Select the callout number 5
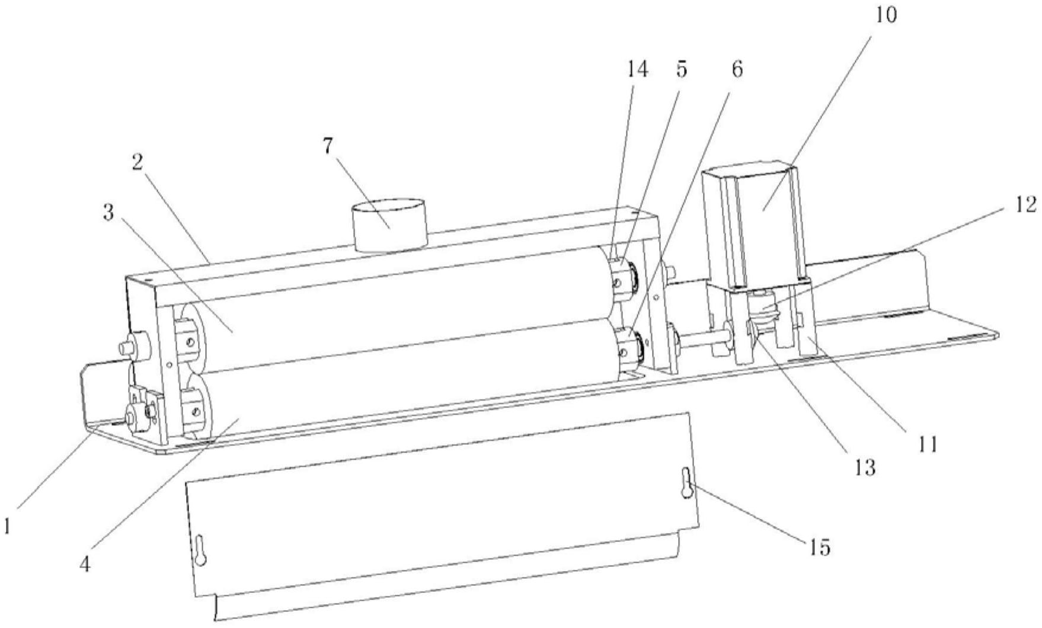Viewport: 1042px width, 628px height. (681, 70)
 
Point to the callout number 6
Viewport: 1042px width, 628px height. (736, 70)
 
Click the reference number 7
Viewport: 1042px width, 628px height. (328, 146)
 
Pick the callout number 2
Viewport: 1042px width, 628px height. (138, 163)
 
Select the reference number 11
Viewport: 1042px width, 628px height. (928, 444)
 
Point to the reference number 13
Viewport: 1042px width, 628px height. (865, 468)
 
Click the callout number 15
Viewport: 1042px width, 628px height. (820, 547)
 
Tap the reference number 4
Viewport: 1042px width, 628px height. (85, 564)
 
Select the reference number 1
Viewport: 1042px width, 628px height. (7, 525)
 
